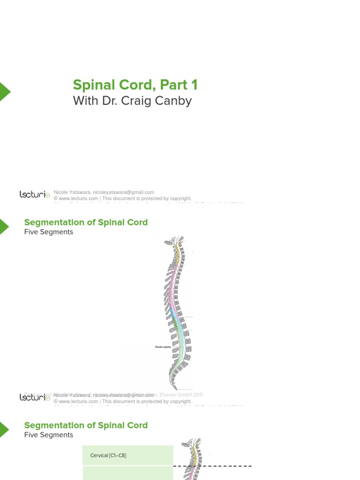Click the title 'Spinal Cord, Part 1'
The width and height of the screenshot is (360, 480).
coord(135,85)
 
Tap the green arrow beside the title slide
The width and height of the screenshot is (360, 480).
coord(4,91)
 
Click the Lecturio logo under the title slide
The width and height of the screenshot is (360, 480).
coord(35,195)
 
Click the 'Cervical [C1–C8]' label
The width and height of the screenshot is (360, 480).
coord(108,456)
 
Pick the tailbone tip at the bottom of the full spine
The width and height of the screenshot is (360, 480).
coord(175,387)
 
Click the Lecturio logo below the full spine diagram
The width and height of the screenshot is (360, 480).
coord(35,397)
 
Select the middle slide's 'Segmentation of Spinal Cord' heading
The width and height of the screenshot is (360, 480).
coord(86,222)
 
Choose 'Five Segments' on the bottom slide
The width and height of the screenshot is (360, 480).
coord(49,435)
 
